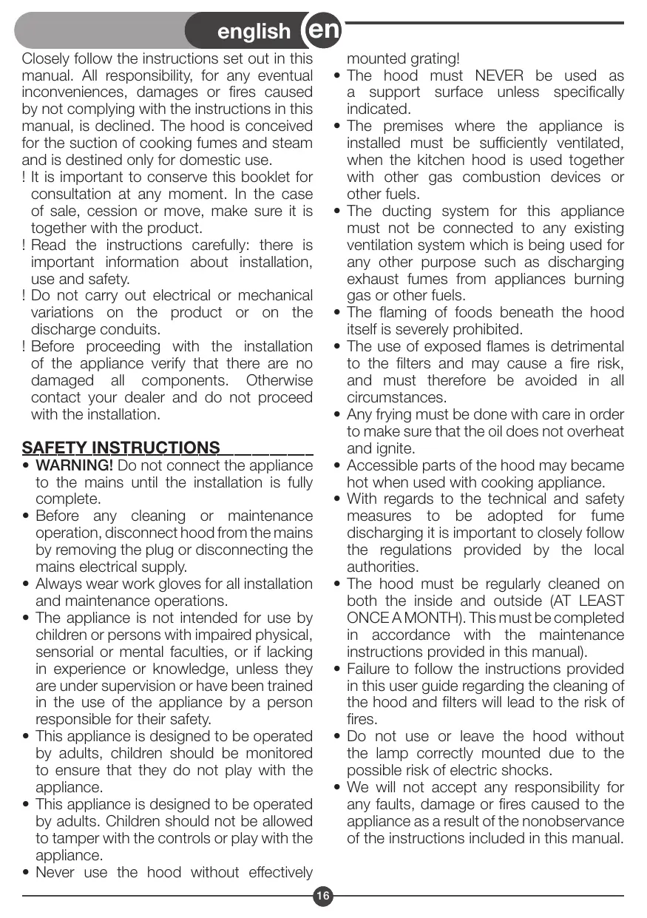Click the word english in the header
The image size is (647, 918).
(254, 31)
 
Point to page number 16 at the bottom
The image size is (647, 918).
(323, 897)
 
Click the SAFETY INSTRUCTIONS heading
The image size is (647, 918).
(121, 448)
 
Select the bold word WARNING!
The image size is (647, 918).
(75, 465)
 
